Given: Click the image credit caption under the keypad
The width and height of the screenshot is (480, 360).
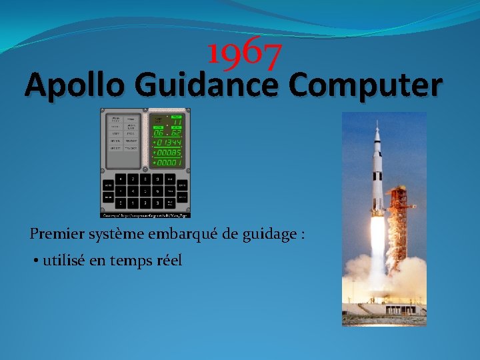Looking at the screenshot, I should coord(145,215).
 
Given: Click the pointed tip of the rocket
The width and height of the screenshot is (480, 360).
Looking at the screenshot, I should coord(377,125).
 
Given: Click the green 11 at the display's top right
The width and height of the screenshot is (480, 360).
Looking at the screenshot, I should coord(176,121).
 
